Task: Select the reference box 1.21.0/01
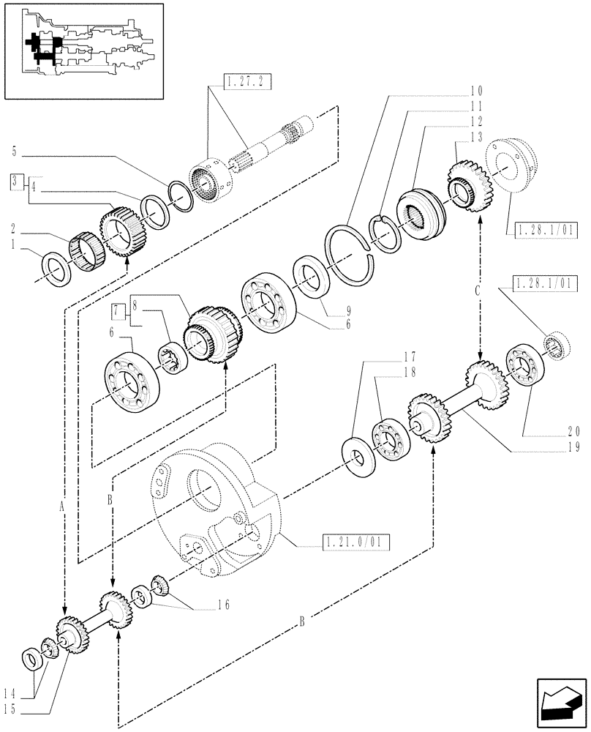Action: (355, 542)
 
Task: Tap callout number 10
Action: (476, 92)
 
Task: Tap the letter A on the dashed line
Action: (63, 505)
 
